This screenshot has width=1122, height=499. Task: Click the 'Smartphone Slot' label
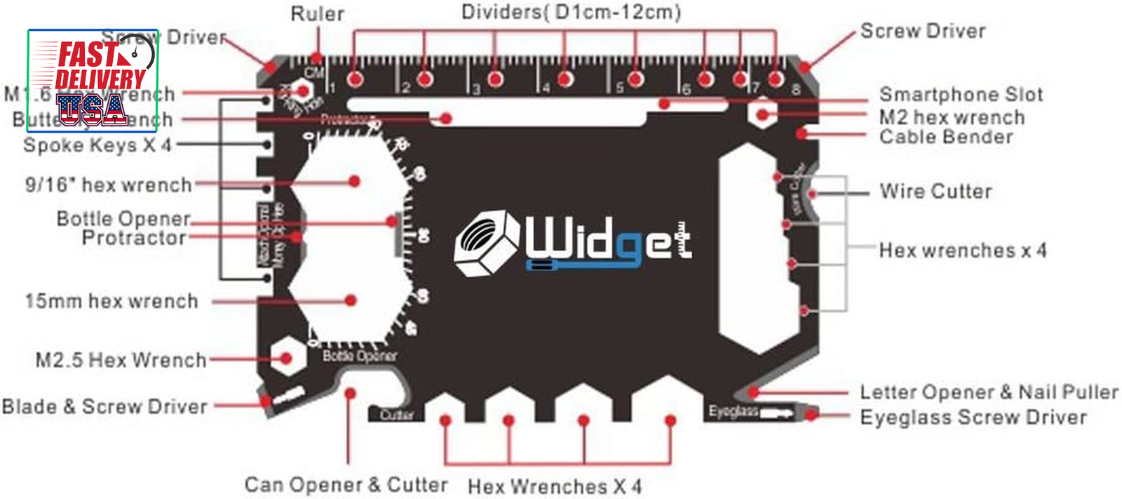click(961, 94)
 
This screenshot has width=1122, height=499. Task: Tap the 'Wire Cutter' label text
click(935, 191)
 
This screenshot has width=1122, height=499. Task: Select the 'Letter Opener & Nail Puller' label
click(989, 392)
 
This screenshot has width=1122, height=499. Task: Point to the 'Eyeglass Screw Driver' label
click(973, 417)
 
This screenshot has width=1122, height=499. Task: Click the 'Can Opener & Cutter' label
click(346, 484)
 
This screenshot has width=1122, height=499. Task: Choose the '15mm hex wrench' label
click(111, 301)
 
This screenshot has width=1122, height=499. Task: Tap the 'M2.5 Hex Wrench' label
click(121, 360)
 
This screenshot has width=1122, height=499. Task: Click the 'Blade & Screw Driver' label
click(104, 406)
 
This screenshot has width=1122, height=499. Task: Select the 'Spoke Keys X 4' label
click(97, 145)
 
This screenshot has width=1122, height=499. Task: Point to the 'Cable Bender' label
click(946, 137)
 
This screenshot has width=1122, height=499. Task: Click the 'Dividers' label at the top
click(571, 12)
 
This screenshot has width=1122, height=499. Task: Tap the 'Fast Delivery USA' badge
click(93, 81)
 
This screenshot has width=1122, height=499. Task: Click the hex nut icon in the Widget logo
click(486, 242)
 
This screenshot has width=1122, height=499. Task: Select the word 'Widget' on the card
click(609, 240)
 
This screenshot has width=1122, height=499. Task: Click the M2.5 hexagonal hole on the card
click(285, 359)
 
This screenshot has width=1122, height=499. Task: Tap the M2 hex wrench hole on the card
click(762, 114)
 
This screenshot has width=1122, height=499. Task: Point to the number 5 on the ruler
click(620, 88)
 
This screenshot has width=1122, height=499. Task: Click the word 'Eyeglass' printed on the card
click(733, 411)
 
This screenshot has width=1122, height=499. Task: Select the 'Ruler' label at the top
click(317, 14)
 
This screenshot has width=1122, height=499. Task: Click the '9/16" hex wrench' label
click(108, 185)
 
